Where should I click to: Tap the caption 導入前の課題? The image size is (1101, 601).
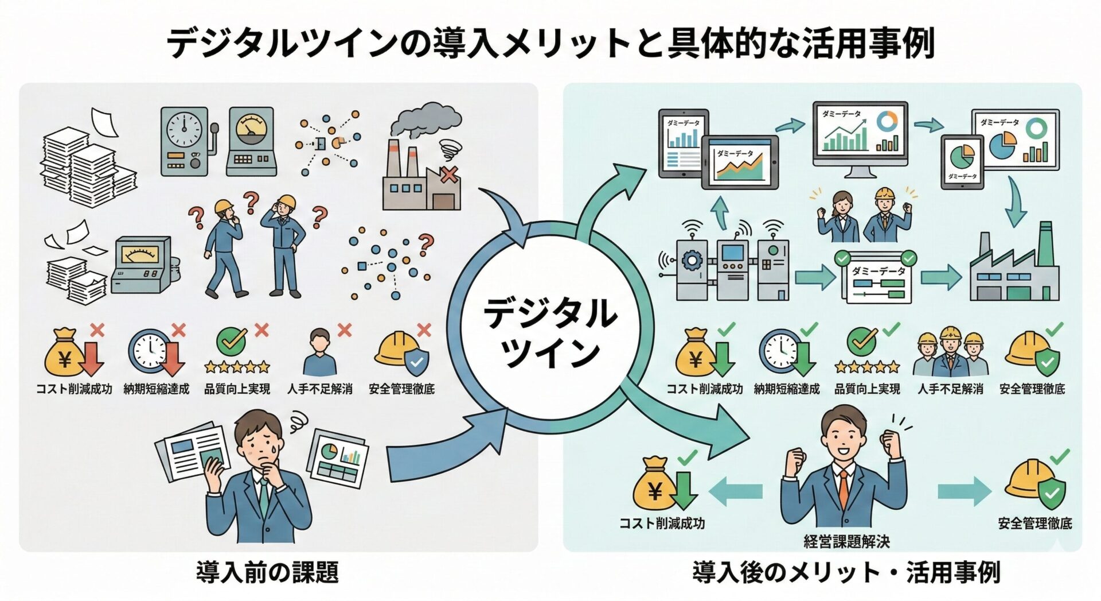(267, 572)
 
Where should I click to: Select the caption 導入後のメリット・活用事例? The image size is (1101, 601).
(846, 572)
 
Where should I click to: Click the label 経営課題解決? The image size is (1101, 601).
(846, 541)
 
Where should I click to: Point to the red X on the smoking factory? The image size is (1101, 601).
(449, 174)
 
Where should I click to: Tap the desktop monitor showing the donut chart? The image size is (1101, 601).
(860, 135)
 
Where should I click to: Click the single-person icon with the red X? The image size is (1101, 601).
(320, 352)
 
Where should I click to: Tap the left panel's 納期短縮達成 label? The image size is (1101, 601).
(156, 389)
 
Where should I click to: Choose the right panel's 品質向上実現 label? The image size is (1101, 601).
(867, 389)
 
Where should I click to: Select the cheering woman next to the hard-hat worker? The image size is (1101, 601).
(840, 215)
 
